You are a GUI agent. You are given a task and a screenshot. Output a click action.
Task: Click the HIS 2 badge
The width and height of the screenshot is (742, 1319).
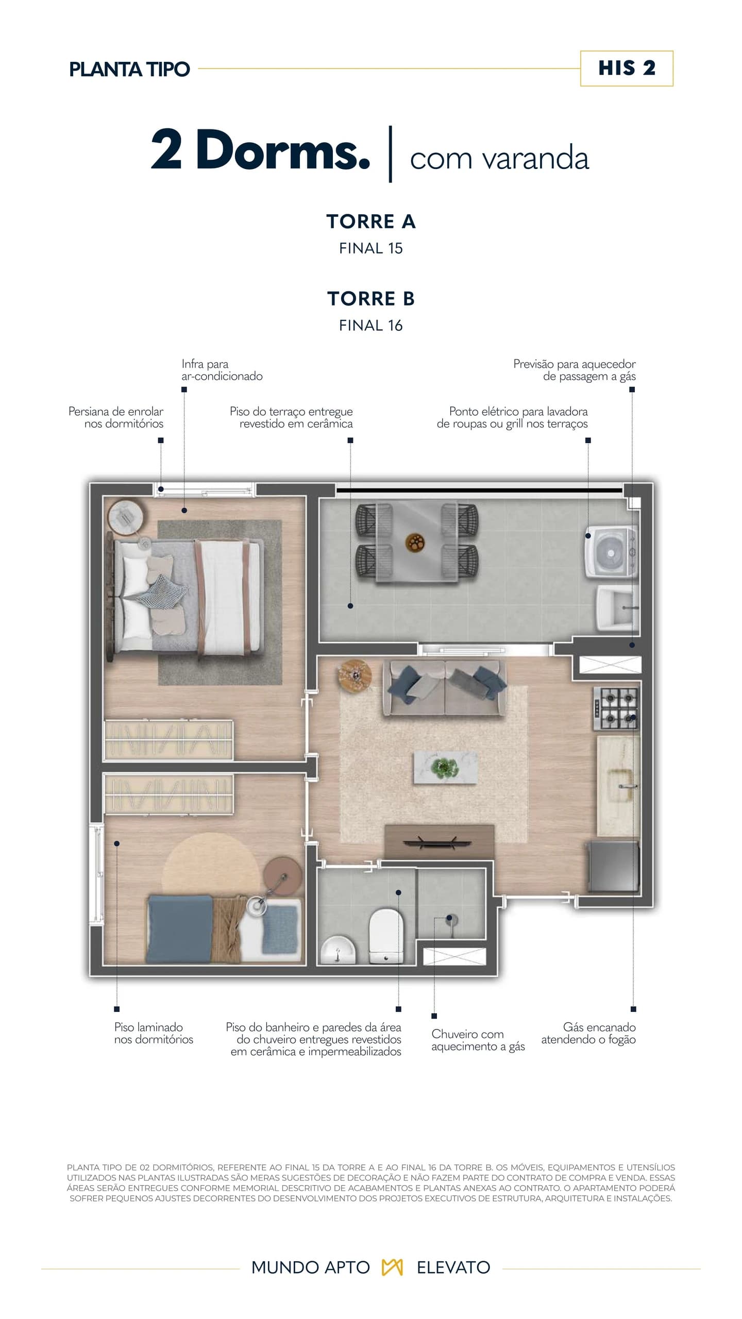tap(627, 69)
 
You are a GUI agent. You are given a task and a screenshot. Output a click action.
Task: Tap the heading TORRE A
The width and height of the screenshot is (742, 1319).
tap(371, 222)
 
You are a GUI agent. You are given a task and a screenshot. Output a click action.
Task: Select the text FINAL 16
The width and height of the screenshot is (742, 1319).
tap(371, 326)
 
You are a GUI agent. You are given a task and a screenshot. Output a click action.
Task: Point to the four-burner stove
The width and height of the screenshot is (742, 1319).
tap(616, 708)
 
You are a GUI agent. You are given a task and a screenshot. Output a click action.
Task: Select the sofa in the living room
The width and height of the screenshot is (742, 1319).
tap(445, 688)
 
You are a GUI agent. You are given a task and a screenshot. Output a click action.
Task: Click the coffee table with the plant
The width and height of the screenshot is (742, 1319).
tap(445, 767)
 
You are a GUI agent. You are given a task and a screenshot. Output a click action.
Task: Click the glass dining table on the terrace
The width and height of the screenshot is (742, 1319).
tap(416, 543)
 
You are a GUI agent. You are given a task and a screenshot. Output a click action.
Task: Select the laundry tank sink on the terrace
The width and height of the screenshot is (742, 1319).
tap(617, 608)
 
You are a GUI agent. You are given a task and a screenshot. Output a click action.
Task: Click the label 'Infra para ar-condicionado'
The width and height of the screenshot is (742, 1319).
tap(222, 370)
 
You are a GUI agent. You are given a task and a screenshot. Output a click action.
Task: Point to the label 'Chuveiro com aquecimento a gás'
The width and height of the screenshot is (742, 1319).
tap(478, 1040)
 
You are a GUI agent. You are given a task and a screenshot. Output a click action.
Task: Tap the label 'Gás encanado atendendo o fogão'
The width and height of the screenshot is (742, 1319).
tap(588, 1033)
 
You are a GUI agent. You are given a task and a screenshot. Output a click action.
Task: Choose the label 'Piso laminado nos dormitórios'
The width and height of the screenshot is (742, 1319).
tap(154, 1033)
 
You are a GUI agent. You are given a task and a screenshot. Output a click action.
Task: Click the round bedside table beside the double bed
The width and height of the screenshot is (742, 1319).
tap(125, 517)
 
